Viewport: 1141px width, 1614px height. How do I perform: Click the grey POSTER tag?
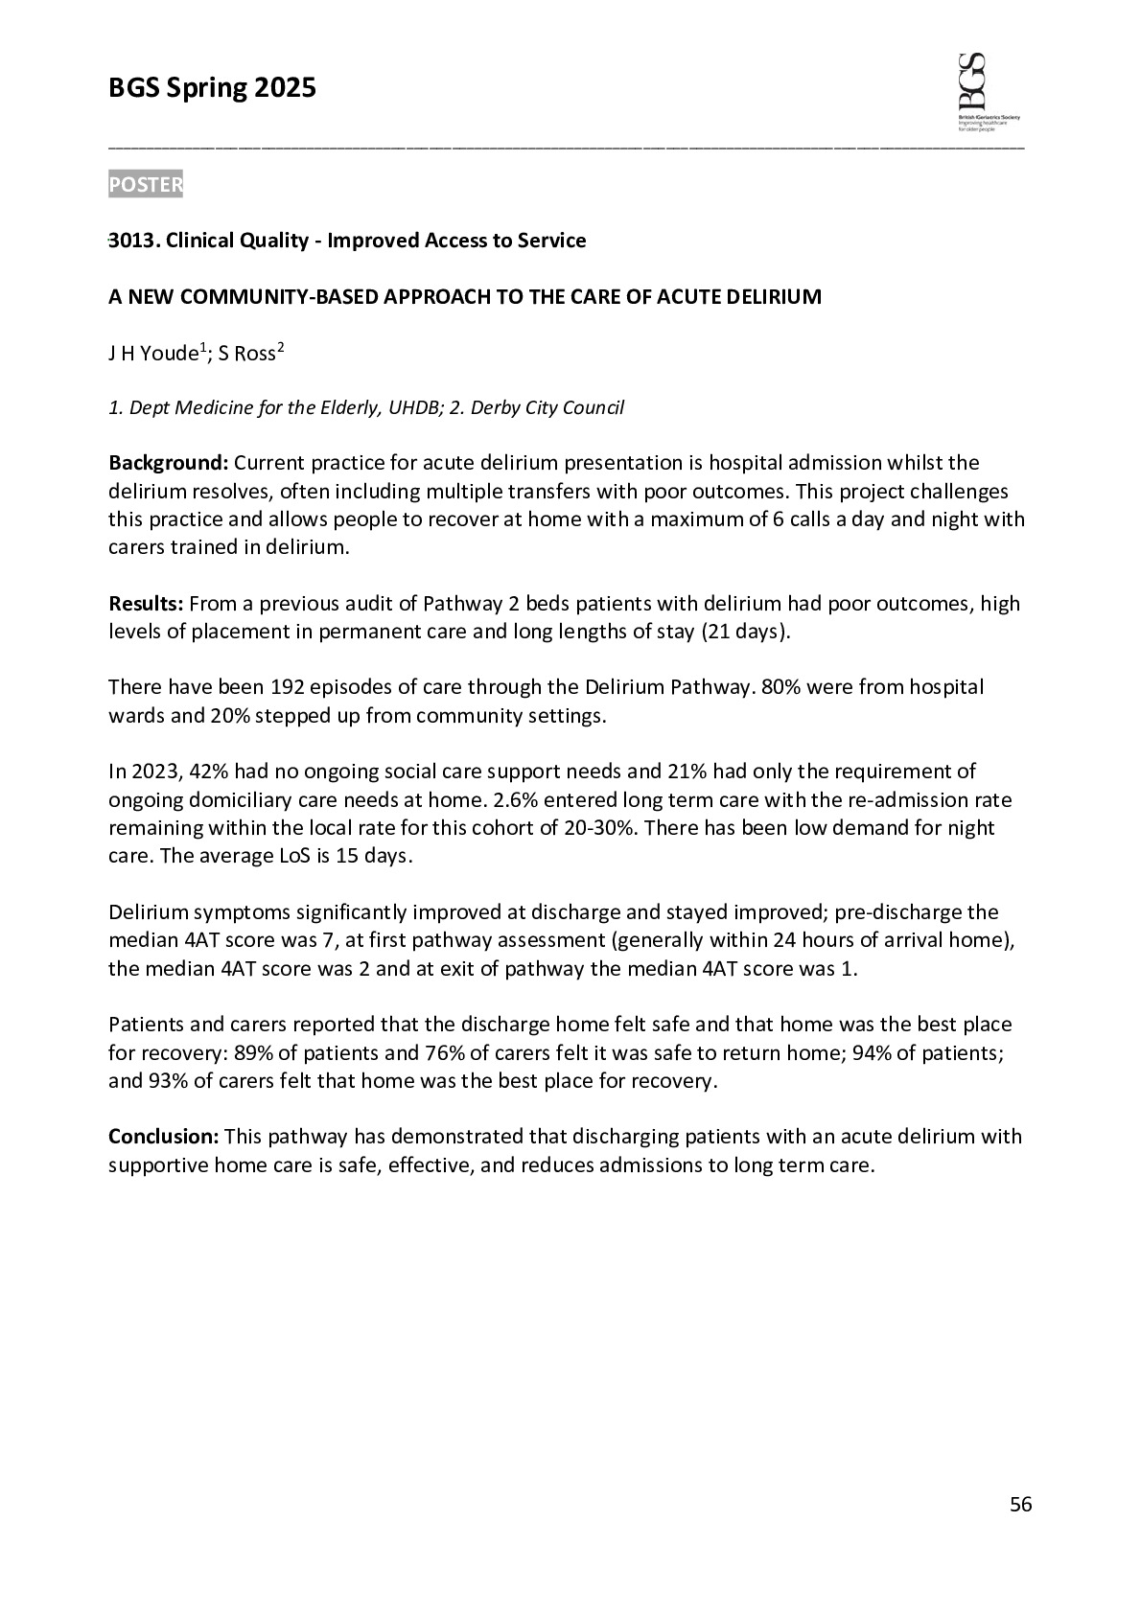tap(145, 184)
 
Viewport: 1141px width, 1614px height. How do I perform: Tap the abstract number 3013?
tap(130, 241)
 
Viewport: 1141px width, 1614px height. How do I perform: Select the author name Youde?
tap(169, 354)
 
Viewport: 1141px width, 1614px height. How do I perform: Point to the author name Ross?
tap(254, 354)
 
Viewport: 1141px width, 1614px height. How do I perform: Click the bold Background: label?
tap(168, 463)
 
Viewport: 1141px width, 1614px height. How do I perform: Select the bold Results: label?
tap(146, 604)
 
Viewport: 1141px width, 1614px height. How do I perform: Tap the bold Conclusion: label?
tap(164, 1137)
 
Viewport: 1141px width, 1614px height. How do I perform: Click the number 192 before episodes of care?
tap(288, 687)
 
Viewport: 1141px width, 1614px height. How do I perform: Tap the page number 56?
tap(1021, 1505)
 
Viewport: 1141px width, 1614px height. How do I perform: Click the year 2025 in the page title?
tap(285, 89)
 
